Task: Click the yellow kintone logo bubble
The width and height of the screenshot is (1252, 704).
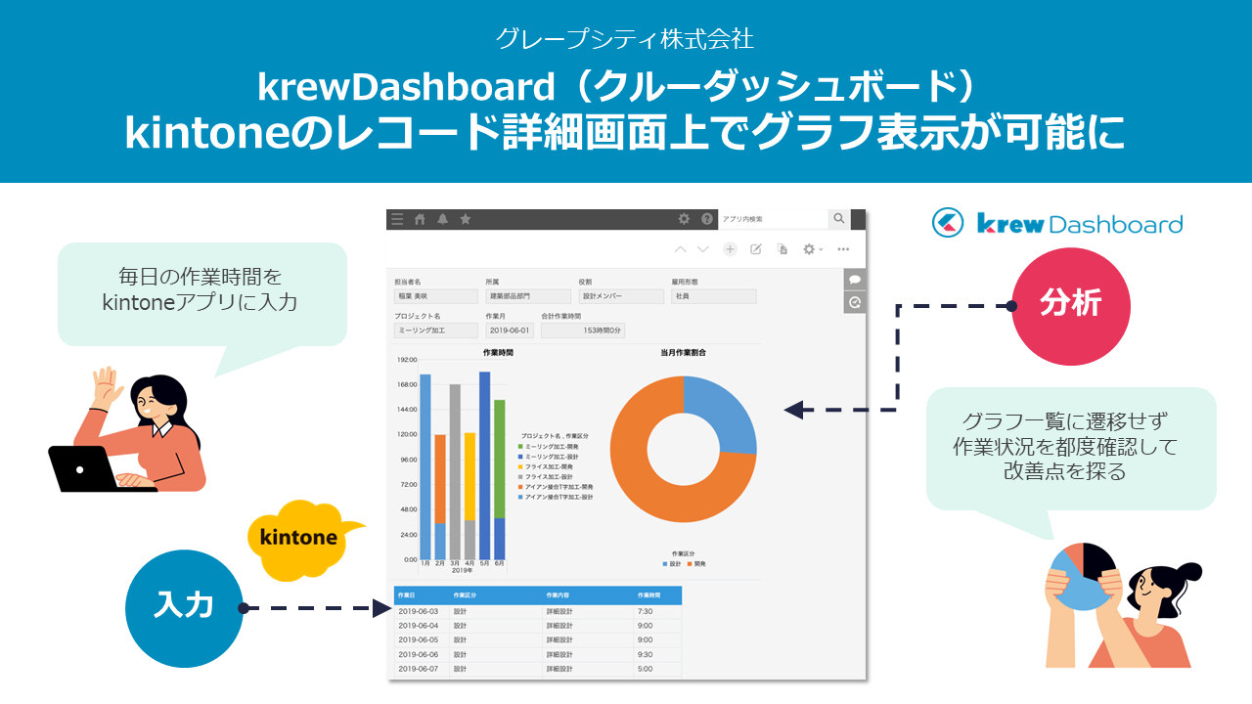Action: pos(299,538)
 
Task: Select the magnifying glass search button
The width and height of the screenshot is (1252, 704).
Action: pos(838,219)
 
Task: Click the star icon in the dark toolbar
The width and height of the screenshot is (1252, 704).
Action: pos(466,219)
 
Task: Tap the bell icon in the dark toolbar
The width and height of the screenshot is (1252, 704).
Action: pos(442,219)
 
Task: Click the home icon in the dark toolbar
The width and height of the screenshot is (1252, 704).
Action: pos(420,219)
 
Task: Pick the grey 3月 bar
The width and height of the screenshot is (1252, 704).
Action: pos(455,469)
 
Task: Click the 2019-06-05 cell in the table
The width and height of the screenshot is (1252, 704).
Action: pos(419,640)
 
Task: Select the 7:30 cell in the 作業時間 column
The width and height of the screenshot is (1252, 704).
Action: pos(646,612)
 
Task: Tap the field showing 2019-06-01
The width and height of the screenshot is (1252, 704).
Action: pos(510,330)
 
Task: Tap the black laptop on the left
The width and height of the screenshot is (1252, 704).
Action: pos(84,469)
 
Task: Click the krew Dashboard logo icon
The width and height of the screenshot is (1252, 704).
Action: pos(948,224)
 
